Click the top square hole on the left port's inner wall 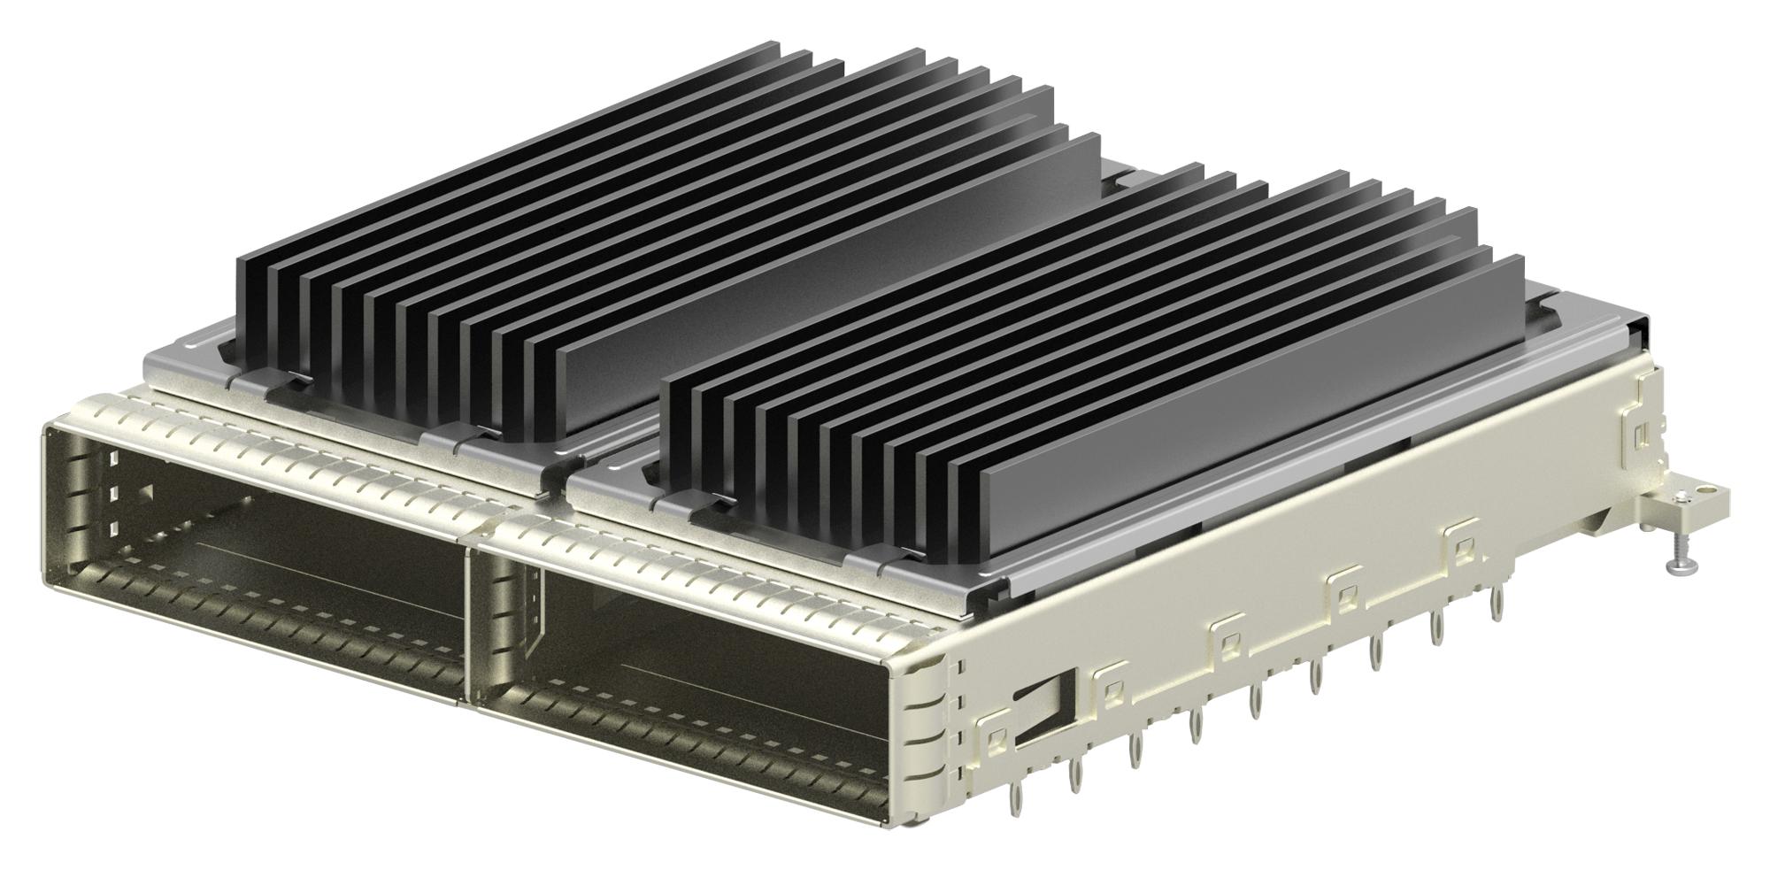pos(114,458)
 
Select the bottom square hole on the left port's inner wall pos(113,528)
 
